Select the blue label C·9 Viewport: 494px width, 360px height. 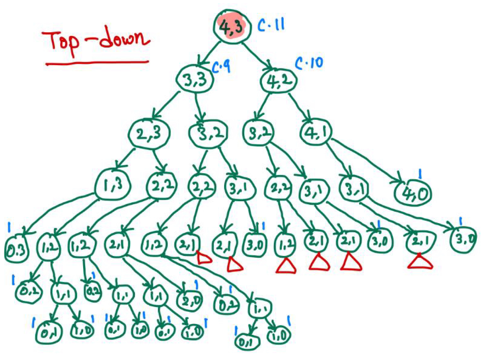[x=221, y=67]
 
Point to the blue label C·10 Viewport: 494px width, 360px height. [x=309, y=63]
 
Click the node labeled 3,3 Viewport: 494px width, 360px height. [x=195, y=79]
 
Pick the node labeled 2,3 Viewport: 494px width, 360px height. [x=149, y=134]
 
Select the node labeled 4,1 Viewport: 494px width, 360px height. [x=316, y=133]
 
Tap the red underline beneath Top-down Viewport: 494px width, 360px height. [x=97, y=63]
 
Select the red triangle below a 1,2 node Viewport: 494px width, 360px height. [x=286, y=267]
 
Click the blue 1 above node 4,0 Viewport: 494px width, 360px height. [x=420, y=175]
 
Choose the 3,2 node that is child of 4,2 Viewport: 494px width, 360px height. [x=258, y=134]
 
